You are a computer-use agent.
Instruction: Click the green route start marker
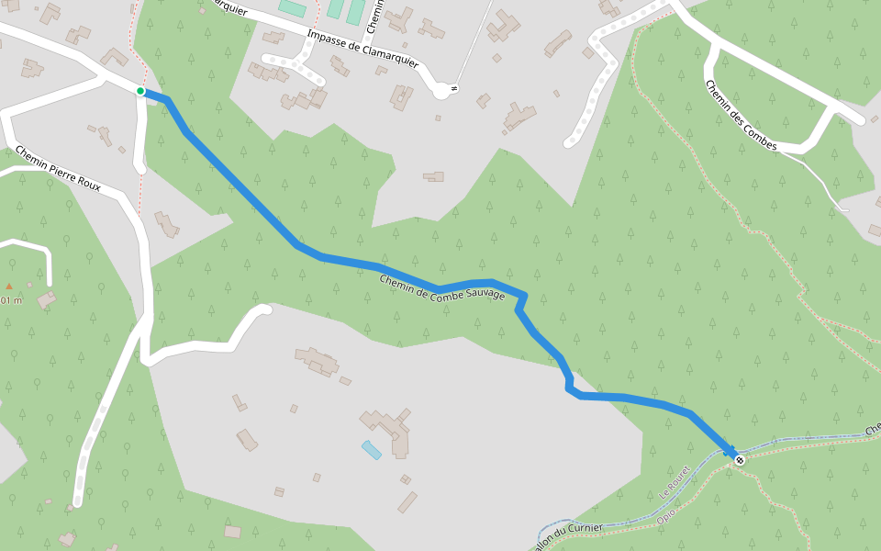click(140, 91)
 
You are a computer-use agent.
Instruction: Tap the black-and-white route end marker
click(740, 459)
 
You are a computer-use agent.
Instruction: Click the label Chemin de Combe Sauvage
click(442, 287)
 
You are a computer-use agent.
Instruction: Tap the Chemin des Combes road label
click(741, 116)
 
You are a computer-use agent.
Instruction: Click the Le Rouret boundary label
click(675, 482)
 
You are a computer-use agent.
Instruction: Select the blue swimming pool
click(372, 450)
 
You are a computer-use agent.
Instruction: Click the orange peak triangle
click(9, 287)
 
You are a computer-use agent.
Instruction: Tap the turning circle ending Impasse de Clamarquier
click(442, 90)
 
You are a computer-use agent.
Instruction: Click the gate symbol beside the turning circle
click(455, 88)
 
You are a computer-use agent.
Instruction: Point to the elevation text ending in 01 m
click(10, 300)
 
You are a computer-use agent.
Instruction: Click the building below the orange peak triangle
click(46, 300)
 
